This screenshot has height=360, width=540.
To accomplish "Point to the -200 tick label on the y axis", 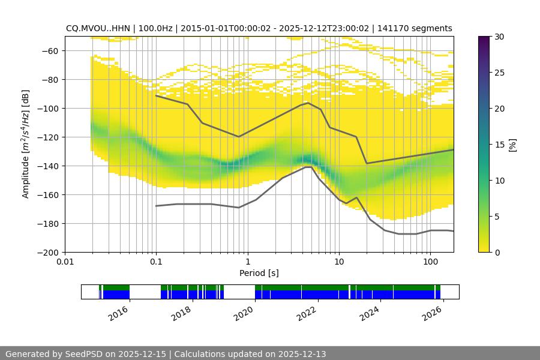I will [48, 253].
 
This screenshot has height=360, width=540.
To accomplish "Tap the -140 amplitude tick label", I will [48, 166].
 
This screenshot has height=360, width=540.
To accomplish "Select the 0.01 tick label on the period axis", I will [65, 262].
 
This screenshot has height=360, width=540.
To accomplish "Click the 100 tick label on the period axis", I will [430, 262].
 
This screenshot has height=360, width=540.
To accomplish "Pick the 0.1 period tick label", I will [156, 262].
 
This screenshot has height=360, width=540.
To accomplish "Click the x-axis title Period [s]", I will [259, 273].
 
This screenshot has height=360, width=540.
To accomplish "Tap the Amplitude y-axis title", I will [26, 144].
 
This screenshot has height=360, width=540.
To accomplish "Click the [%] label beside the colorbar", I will [512, 145].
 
